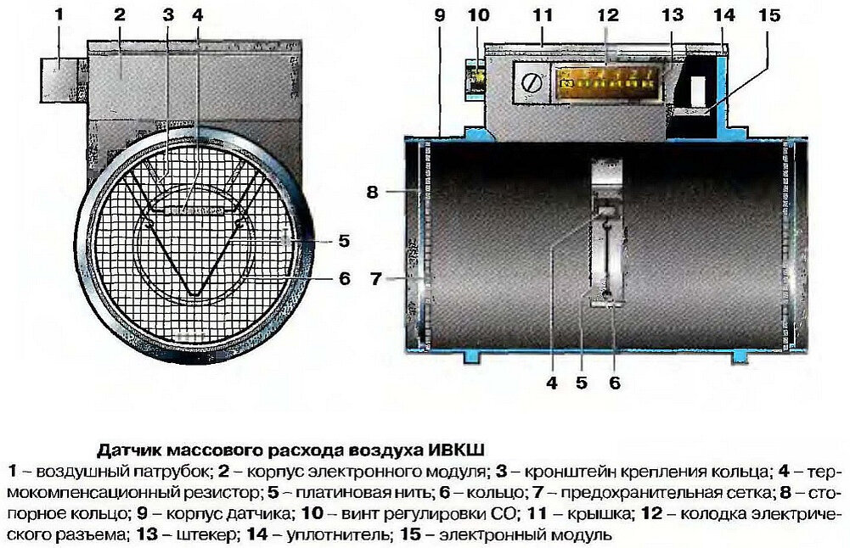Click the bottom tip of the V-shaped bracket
coord(194,294)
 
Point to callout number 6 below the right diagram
coord(615,383)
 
